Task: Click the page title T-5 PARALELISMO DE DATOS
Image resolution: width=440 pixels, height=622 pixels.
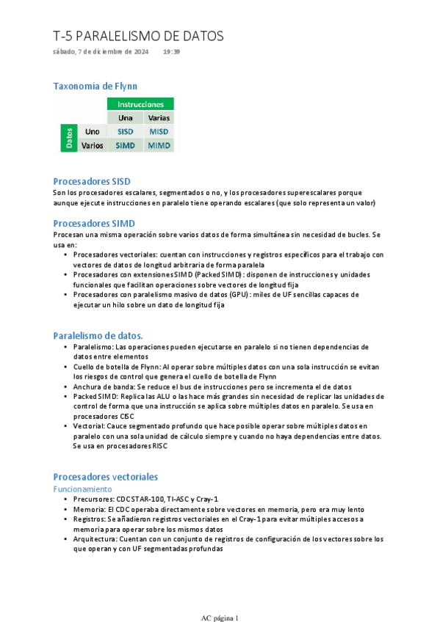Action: pos(138,36)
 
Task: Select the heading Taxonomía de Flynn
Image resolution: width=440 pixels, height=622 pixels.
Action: pos(95,86)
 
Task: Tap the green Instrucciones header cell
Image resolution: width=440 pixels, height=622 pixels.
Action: pos(140,104)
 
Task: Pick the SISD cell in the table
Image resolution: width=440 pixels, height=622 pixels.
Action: pos(126,131)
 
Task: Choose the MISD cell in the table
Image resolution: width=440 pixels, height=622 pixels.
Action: pos(159,131)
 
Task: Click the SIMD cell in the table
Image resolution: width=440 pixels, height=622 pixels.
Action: pos(126,145)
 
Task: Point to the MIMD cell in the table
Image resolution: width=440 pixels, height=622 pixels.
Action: pos(159,145)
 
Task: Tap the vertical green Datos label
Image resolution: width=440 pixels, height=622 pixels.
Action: pos(69,139)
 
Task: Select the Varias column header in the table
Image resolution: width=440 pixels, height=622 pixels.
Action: pos(159,117)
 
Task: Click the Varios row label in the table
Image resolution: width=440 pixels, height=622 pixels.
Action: pos(92,145)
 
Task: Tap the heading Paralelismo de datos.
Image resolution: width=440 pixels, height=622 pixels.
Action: pos(98,335)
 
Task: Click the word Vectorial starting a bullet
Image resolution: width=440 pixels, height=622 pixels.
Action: pos(90,425)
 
